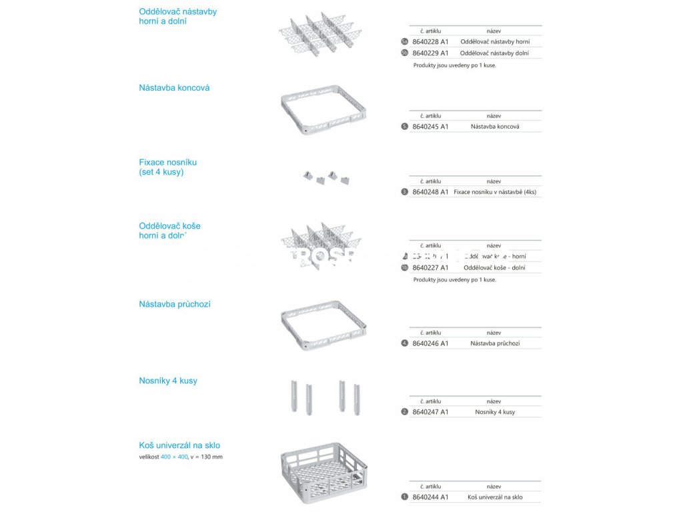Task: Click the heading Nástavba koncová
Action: tap(174, 88)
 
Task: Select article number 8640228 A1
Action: tap(430, 41)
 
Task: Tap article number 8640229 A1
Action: tap(430, 53)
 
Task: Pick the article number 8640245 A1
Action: tap(430, 126)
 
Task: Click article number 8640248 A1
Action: tap(430, 192)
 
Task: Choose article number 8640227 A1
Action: tap(430, 268)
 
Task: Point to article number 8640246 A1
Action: tap(430, 343)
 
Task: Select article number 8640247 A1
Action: tap(430, 412)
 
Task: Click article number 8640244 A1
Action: tap(430, 497)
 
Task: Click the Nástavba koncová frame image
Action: tap(323, 110)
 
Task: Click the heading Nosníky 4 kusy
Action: tap(168, 381)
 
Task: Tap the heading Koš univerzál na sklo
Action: tap(179, 445)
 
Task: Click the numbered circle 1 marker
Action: tap(404, 497)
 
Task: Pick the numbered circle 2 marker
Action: tap(404, 412)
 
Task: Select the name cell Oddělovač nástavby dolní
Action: tap(494, 53)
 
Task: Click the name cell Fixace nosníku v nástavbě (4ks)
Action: tap(495, 192)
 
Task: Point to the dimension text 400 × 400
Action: tap(174, 457)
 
